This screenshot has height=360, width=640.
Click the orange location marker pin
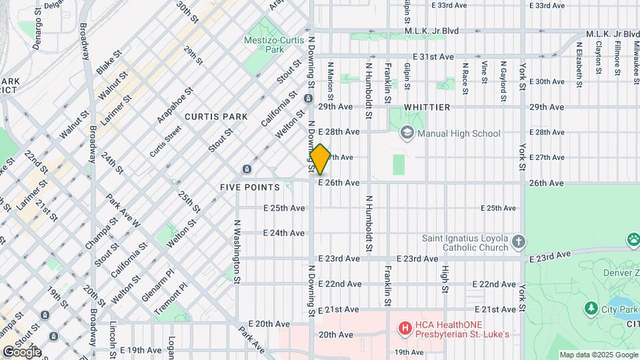tap(320, 159)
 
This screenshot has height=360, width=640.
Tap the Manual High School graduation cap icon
tap(406, 133)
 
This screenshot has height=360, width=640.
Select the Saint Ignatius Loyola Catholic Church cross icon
tap(519, 241)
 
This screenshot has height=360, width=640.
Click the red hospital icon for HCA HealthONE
tap(403, 328)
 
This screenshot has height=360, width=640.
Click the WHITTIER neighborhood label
tap(427, 107)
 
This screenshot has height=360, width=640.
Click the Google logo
tap(21, 351)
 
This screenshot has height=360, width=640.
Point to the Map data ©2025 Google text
tap(597, 355)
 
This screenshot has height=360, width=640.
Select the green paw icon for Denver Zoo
tap(633, 239)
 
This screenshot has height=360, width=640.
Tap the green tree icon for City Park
tap(591, 308)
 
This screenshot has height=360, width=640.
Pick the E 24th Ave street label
tap(284, 233)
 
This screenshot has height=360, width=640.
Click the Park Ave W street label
tap(122, 211)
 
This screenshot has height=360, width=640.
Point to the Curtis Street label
tap(165, 141)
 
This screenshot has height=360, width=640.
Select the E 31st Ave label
tap(433, 57)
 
